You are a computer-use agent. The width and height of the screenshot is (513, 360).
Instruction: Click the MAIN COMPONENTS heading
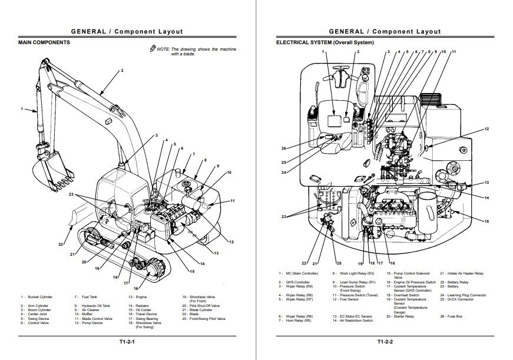pos(44,42)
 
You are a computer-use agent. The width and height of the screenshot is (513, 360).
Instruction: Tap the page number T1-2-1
pos(128,342)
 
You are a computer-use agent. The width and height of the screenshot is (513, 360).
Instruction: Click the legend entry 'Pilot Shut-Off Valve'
pos(203,306)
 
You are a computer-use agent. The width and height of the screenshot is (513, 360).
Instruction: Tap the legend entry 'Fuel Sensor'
pos(348,299)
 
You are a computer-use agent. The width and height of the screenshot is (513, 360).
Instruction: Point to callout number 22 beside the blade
pos(61,243)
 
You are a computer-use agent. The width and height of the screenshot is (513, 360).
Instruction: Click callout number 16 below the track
pos(137,288)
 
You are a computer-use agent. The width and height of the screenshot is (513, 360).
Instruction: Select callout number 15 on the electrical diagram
pos(486,221)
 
